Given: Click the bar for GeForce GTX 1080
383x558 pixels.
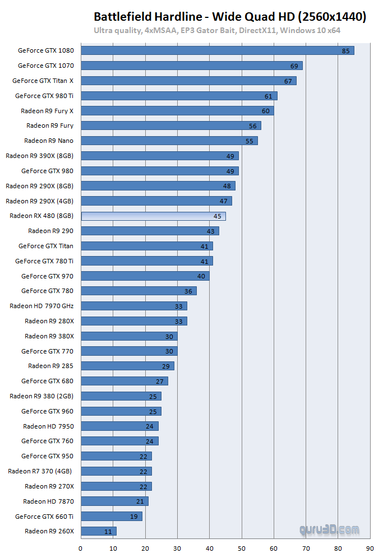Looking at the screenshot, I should point(218,50).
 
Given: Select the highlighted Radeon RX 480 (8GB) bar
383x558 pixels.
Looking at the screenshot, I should point(153,216).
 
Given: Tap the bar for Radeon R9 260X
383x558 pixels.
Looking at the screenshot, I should point(99,531).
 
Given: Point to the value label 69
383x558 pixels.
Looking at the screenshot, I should point(294,66).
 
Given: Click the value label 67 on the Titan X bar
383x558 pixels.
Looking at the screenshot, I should point(288,81).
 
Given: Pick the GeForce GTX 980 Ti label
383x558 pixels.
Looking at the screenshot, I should point(44,96).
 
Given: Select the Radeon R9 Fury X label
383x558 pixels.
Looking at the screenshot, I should point(47,111).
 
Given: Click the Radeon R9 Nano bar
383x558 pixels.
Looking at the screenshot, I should point(169,141).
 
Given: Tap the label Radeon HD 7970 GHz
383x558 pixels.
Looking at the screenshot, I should point(41,306).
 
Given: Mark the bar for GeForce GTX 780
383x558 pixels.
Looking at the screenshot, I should point(139,291).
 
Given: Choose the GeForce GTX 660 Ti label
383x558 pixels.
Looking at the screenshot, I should point(44,516).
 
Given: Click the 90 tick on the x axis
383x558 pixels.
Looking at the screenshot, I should point(370,548).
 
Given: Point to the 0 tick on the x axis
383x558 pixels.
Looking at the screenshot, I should point(81,548).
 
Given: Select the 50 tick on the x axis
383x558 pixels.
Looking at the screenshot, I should point(242,548).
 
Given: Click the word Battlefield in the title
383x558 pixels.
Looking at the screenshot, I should point(122,17).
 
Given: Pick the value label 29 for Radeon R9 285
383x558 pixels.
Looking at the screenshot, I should point(166,366).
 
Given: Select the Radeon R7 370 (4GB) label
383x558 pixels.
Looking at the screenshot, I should point(40,471).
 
